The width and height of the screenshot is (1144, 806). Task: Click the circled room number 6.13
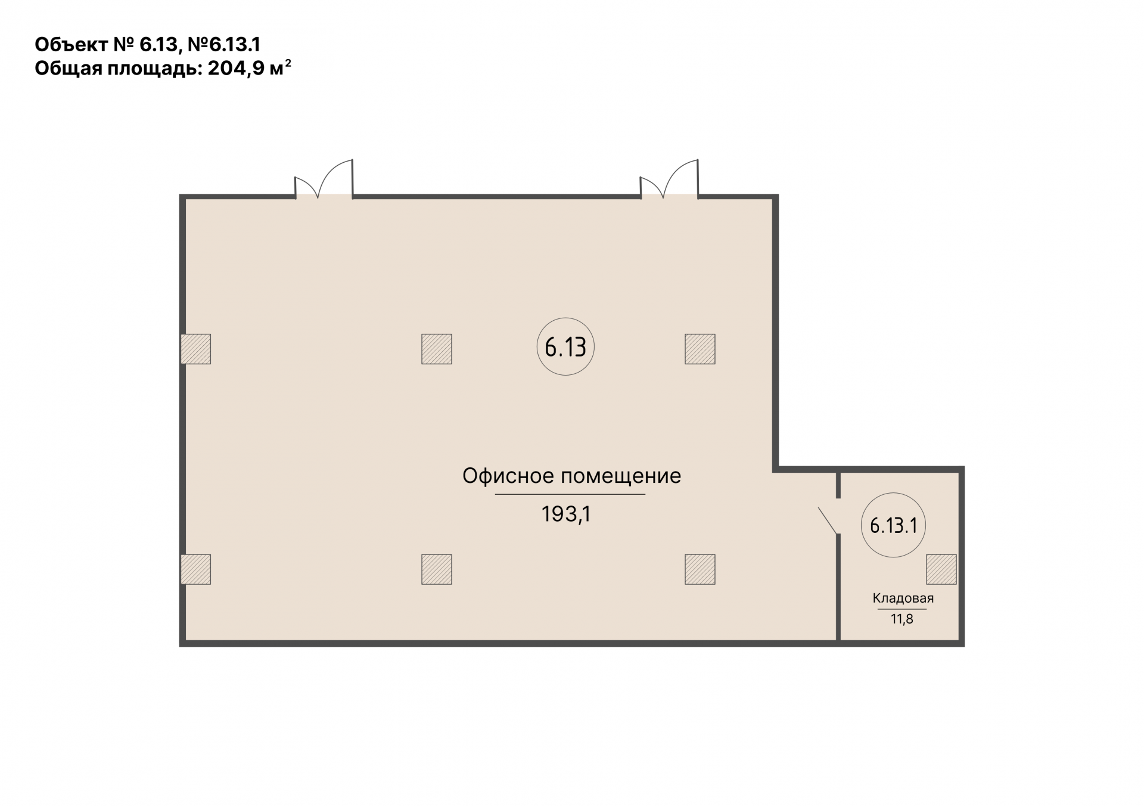(565, 346)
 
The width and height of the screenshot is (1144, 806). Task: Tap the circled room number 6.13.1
(893, 525)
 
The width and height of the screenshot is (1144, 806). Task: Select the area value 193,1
(565, 514)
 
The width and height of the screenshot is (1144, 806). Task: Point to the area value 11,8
(902, 619)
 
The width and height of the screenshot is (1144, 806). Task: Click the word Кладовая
(903, 598)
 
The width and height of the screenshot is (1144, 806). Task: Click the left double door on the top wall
(324, 178)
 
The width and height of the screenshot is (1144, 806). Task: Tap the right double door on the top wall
(669, 178)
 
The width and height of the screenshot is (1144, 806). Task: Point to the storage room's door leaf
(828, 520)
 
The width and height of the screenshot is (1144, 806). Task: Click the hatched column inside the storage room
(941, 569)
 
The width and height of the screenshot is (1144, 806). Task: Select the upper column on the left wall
(196, 349)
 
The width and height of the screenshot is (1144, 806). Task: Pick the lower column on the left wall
(196, 569)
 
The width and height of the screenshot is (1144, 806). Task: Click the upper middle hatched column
(437, 349)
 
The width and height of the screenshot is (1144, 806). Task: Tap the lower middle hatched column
(437, 569)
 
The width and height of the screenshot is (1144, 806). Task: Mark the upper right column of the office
(700, 349)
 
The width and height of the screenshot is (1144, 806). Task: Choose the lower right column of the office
(700, 569)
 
